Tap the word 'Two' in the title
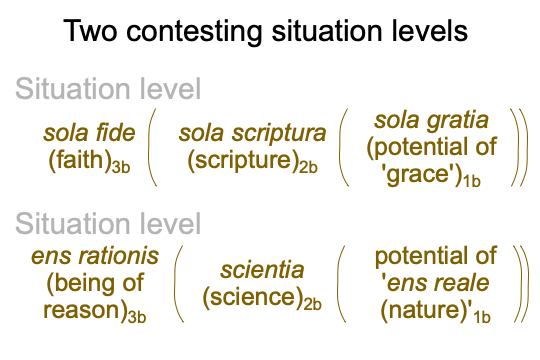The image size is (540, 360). [x=90, y=31]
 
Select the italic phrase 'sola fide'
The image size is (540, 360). [x=89, y=133]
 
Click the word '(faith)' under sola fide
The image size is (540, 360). [x=80, y=160]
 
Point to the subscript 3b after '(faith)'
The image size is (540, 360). [x=121, y=167]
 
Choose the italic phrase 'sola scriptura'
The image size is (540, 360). [x=252, y=134]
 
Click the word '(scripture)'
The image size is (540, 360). [x=243, y=160]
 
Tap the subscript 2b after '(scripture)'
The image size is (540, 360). [x=308, y=167]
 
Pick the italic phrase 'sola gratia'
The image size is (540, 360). [x=432, y=121]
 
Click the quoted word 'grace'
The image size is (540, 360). [x=421, y=174]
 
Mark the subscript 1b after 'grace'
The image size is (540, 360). [x=472, y=181]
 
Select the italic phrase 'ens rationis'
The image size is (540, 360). [x=95, y=256]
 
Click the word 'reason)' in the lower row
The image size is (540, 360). [x=85, y=310]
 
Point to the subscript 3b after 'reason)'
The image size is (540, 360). [x=137, y=317]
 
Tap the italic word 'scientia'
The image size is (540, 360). [x=262, y=270]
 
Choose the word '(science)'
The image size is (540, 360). [x=253, y=297]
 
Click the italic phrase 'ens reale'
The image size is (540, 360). [x=438, y=283]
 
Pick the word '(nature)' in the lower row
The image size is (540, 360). [x=423, y=310]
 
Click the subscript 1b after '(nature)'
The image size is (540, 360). [x=482, y=317]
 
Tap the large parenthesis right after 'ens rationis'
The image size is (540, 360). [x=177, y=284]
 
